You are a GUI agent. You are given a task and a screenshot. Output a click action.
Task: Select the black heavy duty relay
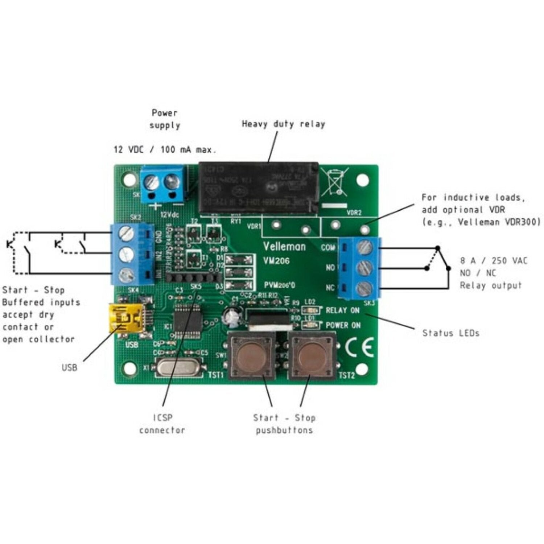coord(259,187)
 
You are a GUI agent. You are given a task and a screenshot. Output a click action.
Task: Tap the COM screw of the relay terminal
coord(365,247)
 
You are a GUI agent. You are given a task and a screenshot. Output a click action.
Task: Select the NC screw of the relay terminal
coord(365,289)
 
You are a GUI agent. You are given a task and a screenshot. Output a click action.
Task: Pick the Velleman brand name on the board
coord(284,247)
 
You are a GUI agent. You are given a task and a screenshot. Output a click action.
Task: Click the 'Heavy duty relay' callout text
coord(283,124)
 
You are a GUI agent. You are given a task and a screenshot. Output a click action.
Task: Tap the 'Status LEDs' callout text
coord(450,333)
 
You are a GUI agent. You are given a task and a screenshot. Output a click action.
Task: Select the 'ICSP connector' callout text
coord(162,424)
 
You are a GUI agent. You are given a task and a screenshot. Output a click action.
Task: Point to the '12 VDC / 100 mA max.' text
coord(165,149)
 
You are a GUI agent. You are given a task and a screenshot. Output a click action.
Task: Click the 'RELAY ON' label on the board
coord(342,310)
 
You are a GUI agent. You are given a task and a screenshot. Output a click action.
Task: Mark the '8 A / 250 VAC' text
coord(494,260)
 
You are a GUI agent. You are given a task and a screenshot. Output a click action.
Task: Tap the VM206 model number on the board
coord(277,261)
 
